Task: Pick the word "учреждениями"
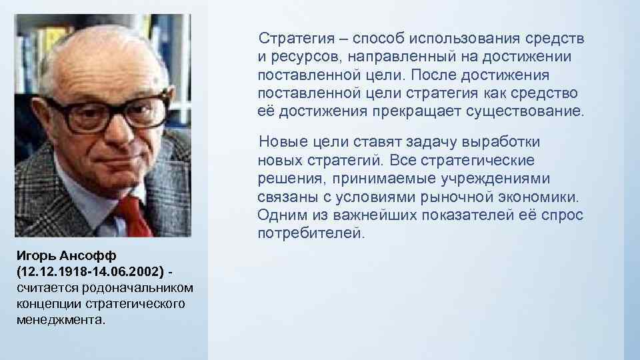(x=501, y=179)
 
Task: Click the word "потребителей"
(x=311, y=234)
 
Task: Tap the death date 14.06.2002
(x=127, y=273)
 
